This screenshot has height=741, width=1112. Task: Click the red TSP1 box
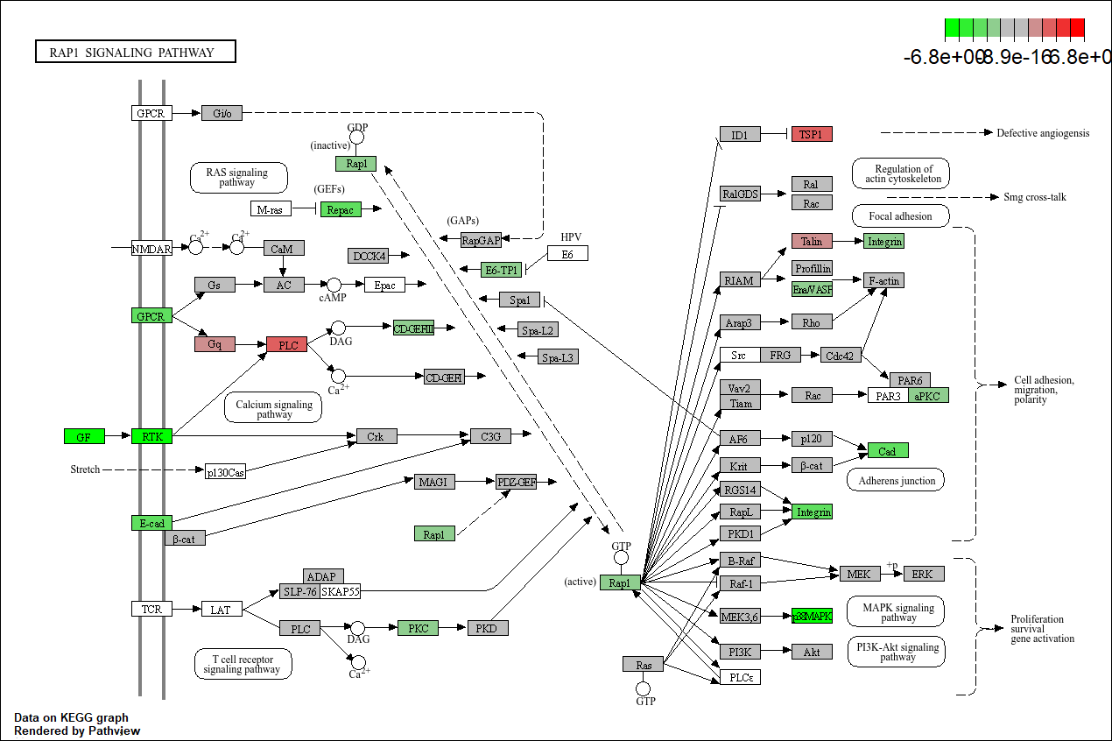(812, 134)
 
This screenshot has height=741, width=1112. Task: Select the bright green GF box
(84, 435)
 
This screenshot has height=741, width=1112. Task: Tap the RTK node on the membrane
(151, 435)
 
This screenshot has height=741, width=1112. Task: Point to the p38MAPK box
(812, 616)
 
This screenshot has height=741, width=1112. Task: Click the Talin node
(812, 241)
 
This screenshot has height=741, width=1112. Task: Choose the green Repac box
(341, 209)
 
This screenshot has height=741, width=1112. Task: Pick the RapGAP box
(481, 240)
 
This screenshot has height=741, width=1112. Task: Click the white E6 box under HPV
(567, 253)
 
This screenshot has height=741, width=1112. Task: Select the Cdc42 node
(841, 355)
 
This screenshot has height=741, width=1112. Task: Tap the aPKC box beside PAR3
(928, 396)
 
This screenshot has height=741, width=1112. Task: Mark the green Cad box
(888, 450)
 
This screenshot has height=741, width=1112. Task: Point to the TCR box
(151, 608)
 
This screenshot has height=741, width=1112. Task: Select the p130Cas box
(226, 471)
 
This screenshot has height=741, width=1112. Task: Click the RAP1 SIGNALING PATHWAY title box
(136, 52)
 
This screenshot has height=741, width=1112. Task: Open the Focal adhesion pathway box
(900, 215)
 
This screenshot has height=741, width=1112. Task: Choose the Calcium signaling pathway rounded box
(274, 408)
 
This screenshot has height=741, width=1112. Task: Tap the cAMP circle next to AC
(334, 285)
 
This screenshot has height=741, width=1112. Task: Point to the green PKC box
(418, 627)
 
